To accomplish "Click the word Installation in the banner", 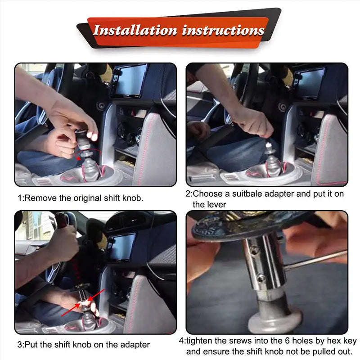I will (x=135, y=31).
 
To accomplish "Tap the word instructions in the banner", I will (x=223, y=31).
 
